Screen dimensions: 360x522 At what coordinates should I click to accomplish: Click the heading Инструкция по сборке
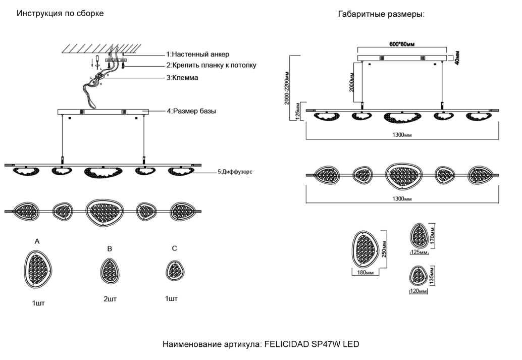[x=60, y=14]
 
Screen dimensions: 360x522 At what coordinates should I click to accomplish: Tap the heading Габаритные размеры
[x=381, y=14]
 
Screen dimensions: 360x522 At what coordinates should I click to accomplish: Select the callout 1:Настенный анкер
[x=197, y=54]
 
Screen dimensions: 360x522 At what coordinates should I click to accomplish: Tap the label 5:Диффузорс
[x=234, y=172]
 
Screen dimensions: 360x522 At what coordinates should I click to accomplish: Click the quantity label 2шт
[x=110, y=299]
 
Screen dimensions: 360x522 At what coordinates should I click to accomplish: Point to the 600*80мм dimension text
[x=402, y=44]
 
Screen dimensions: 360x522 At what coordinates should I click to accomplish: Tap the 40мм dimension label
[x=456, y=57]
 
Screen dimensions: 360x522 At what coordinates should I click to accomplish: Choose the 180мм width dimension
[x=364, y=273]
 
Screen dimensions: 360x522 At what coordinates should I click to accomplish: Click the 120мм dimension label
[x=416, y=291]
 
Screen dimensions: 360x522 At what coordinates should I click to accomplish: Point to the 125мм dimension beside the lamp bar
[x=298, y=111]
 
